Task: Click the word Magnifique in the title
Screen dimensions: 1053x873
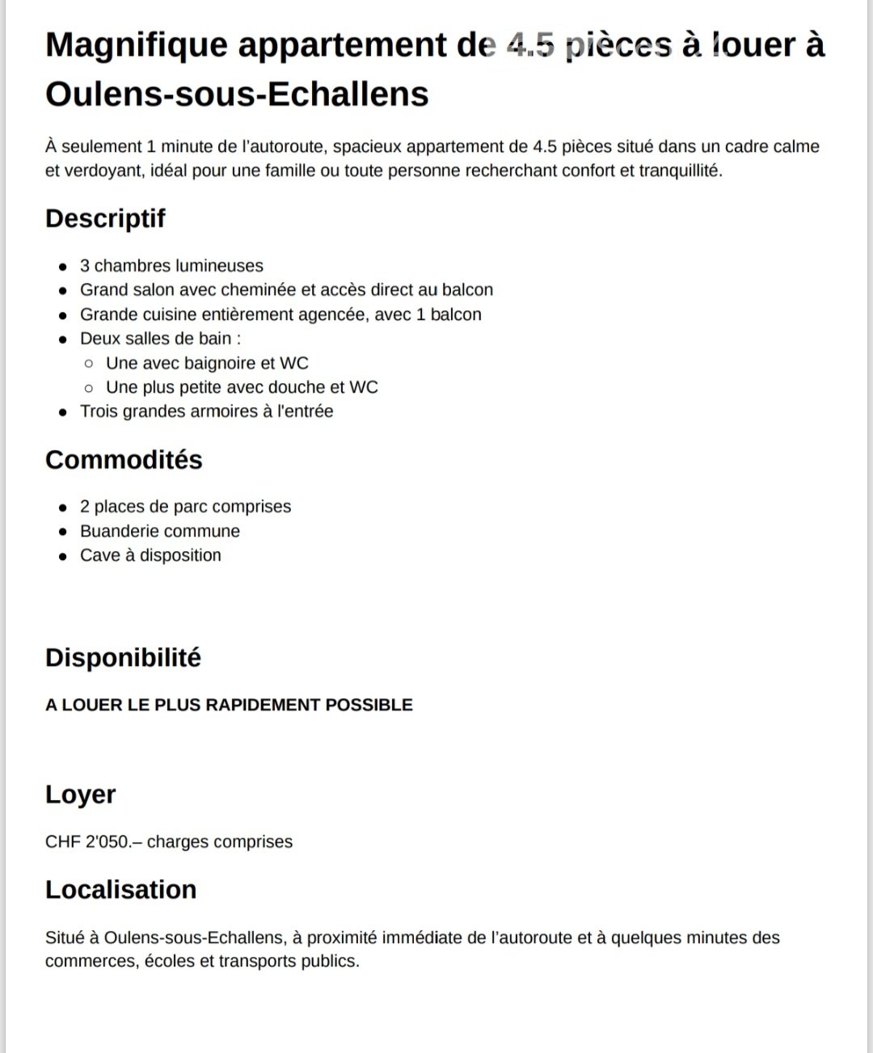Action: (137, 45)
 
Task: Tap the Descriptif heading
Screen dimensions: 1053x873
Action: (105, 218)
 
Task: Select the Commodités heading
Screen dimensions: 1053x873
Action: (124, 459)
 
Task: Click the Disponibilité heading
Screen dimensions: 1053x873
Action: (123, 657)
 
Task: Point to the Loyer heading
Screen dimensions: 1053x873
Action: (80, 794)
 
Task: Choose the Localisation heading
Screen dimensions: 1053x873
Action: (120, 889)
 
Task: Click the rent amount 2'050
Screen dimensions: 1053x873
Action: (107, 841)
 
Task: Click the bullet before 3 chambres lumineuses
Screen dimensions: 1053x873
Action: (62, 266)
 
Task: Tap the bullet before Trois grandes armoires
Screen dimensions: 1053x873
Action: (62, 411)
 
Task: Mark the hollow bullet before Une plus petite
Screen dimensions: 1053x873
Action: (89, 387)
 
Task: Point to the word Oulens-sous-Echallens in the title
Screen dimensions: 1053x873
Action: (237, 94)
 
